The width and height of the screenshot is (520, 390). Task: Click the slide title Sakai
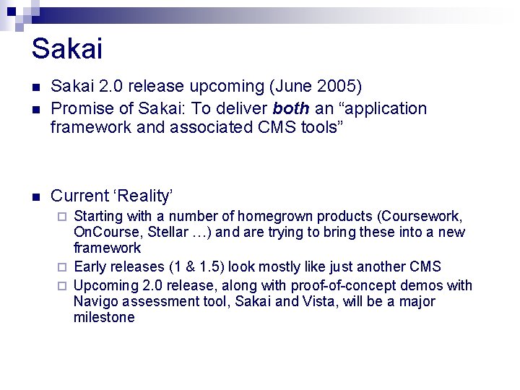pos(67,49)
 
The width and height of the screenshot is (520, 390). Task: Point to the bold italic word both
pos(292,108)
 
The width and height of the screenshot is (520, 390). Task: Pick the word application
pos(383,108)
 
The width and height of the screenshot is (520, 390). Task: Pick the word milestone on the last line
pos(104,318)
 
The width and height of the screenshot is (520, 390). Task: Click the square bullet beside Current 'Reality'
pos(35,196)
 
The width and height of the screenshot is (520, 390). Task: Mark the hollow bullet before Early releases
pos(63,266)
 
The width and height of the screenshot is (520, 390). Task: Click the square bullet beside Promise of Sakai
pos(35,109)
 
